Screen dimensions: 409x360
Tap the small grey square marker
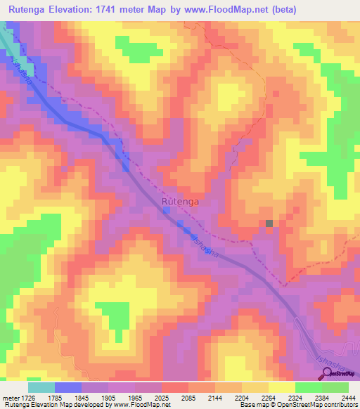(269, 223)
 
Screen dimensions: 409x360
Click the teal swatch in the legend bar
(41, 387)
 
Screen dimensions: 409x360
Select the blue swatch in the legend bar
(67, 387)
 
